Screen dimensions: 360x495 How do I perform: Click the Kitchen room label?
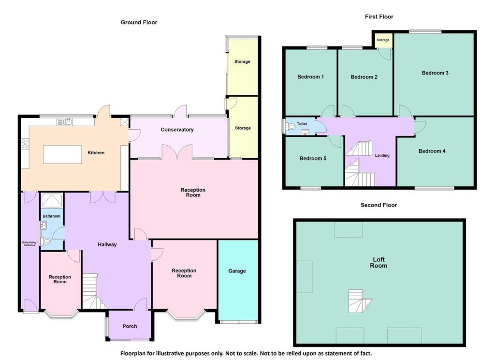tap(96, 153)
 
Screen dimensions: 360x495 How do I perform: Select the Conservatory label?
tap(177, 130)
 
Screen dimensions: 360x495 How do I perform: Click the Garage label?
tap(237, 271)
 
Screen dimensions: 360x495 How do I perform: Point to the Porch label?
tap(130, 326)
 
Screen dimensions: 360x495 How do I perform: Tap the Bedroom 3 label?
tap(435, 73)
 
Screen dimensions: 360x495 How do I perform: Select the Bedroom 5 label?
tap(313, 158)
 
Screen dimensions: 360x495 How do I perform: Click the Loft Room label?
tap(379, 262)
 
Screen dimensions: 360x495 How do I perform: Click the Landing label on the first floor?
tap(382, 155)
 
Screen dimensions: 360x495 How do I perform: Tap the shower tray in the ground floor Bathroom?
tap(51, 200)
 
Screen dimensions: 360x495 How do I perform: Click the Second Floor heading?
tap(379, 205)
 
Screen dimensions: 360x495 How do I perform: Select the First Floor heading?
tap(379, 17)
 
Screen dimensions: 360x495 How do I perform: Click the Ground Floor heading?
tap(139, 22)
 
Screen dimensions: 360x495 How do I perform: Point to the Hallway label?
tap(107, 244)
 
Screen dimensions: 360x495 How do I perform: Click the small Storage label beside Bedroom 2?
tap(383, 40)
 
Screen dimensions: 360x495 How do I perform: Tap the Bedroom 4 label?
tap(432, 151)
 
